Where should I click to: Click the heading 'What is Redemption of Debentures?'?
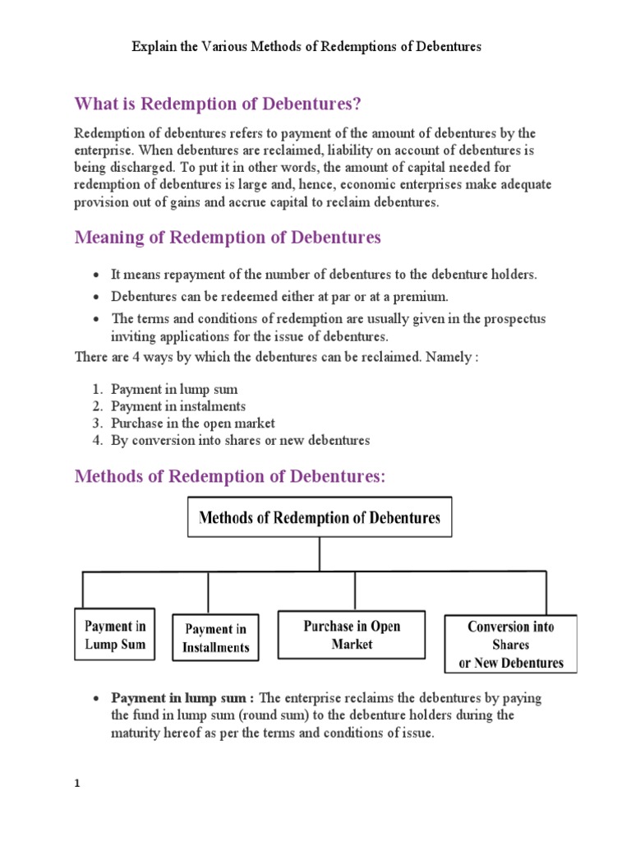tap(218, 104)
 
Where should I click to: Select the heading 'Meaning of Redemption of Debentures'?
tap(228, 238)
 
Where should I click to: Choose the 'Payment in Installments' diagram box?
tap(215, 638)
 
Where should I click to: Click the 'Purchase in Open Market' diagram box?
tap(352, 635)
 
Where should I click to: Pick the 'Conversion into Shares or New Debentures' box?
tap(510, 644)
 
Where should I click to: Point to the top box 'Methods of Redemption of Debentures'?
tap(320, 517)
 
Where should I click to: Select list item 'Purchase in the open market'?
tap(193, 423)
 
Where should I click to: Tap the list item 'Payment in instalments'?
tap(178, 406)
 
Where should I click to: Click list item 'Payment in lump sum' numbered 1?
tap(174, 389)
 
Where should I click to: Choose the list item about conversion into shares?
tap(240, 440)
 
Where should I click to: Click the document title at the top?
tap(306, 47)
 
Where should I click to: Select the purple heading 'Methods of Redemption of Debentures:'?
tap(229, 477)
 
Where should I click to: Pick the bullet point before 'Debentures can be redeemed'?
tap(97, 296)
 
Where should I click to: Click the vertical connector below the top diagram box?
tap(320, 553)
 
